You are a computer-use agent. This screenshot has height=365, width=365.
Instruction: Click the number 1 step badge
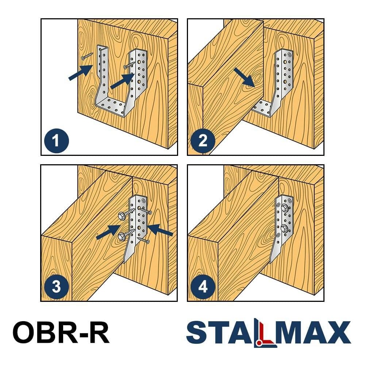(57, 141)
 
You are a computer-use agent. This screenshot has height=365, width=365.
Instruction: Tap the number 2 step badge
(203, 141)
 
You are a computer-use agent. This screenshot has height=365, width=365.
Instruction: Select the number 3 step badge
(57, 287)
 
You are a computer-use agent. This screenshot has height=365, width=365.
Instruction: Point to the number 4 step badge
(203, 287)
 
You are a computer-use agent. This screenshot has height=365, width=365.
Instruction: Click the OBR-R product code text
(61, 332)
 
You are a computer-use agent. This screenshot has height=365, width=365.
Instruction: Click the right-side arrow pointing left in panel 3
(160, 230)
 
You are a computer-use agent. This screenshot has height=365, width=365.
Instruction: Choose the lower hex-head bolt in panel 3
(127, 235)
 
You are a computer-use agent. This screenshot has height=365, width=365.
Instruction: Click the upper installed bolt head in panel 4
(285, 208)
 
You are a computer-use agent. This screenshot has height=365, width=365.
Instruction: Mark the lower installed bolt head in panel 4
(284, 228)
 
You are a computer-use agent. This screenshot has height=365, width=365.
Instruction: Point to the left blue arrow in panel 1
(80, 73)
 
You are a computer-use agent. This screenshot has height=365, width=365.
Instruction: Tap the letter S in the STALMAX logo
(197, 332)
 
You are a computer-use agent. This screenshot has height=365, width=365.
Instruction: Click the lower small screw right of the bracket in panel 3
(143, 240)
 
